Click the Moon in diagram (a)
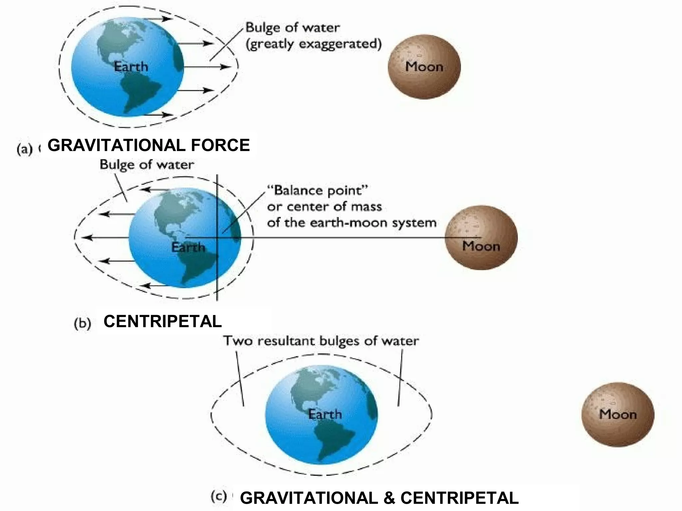coord(424,67)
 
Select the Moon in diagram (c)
coord(618,414)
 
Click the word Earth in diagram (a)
coord(131,67)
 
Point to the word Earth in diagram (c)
coord(325,414)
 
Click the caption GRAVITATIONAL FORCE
coord(149,145)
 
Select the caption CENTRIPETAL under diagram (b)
coord(163,321)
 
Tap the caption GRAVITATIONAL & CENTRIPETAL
coord(379,498)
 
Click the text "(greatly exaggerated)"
coord(313,44)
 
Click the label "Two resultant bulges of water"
coord(321,341)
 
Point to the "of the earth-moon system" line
coord(352,223)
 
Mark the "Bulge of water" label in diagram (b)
coord(147,165)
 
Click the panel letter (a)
coord(24,149)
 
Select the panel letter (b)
coord(82,323)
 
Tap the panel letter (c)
coord(219,497)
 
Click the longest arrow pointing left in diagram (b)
coord(107,238)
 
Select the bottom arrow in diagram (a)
coord(157,115)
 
